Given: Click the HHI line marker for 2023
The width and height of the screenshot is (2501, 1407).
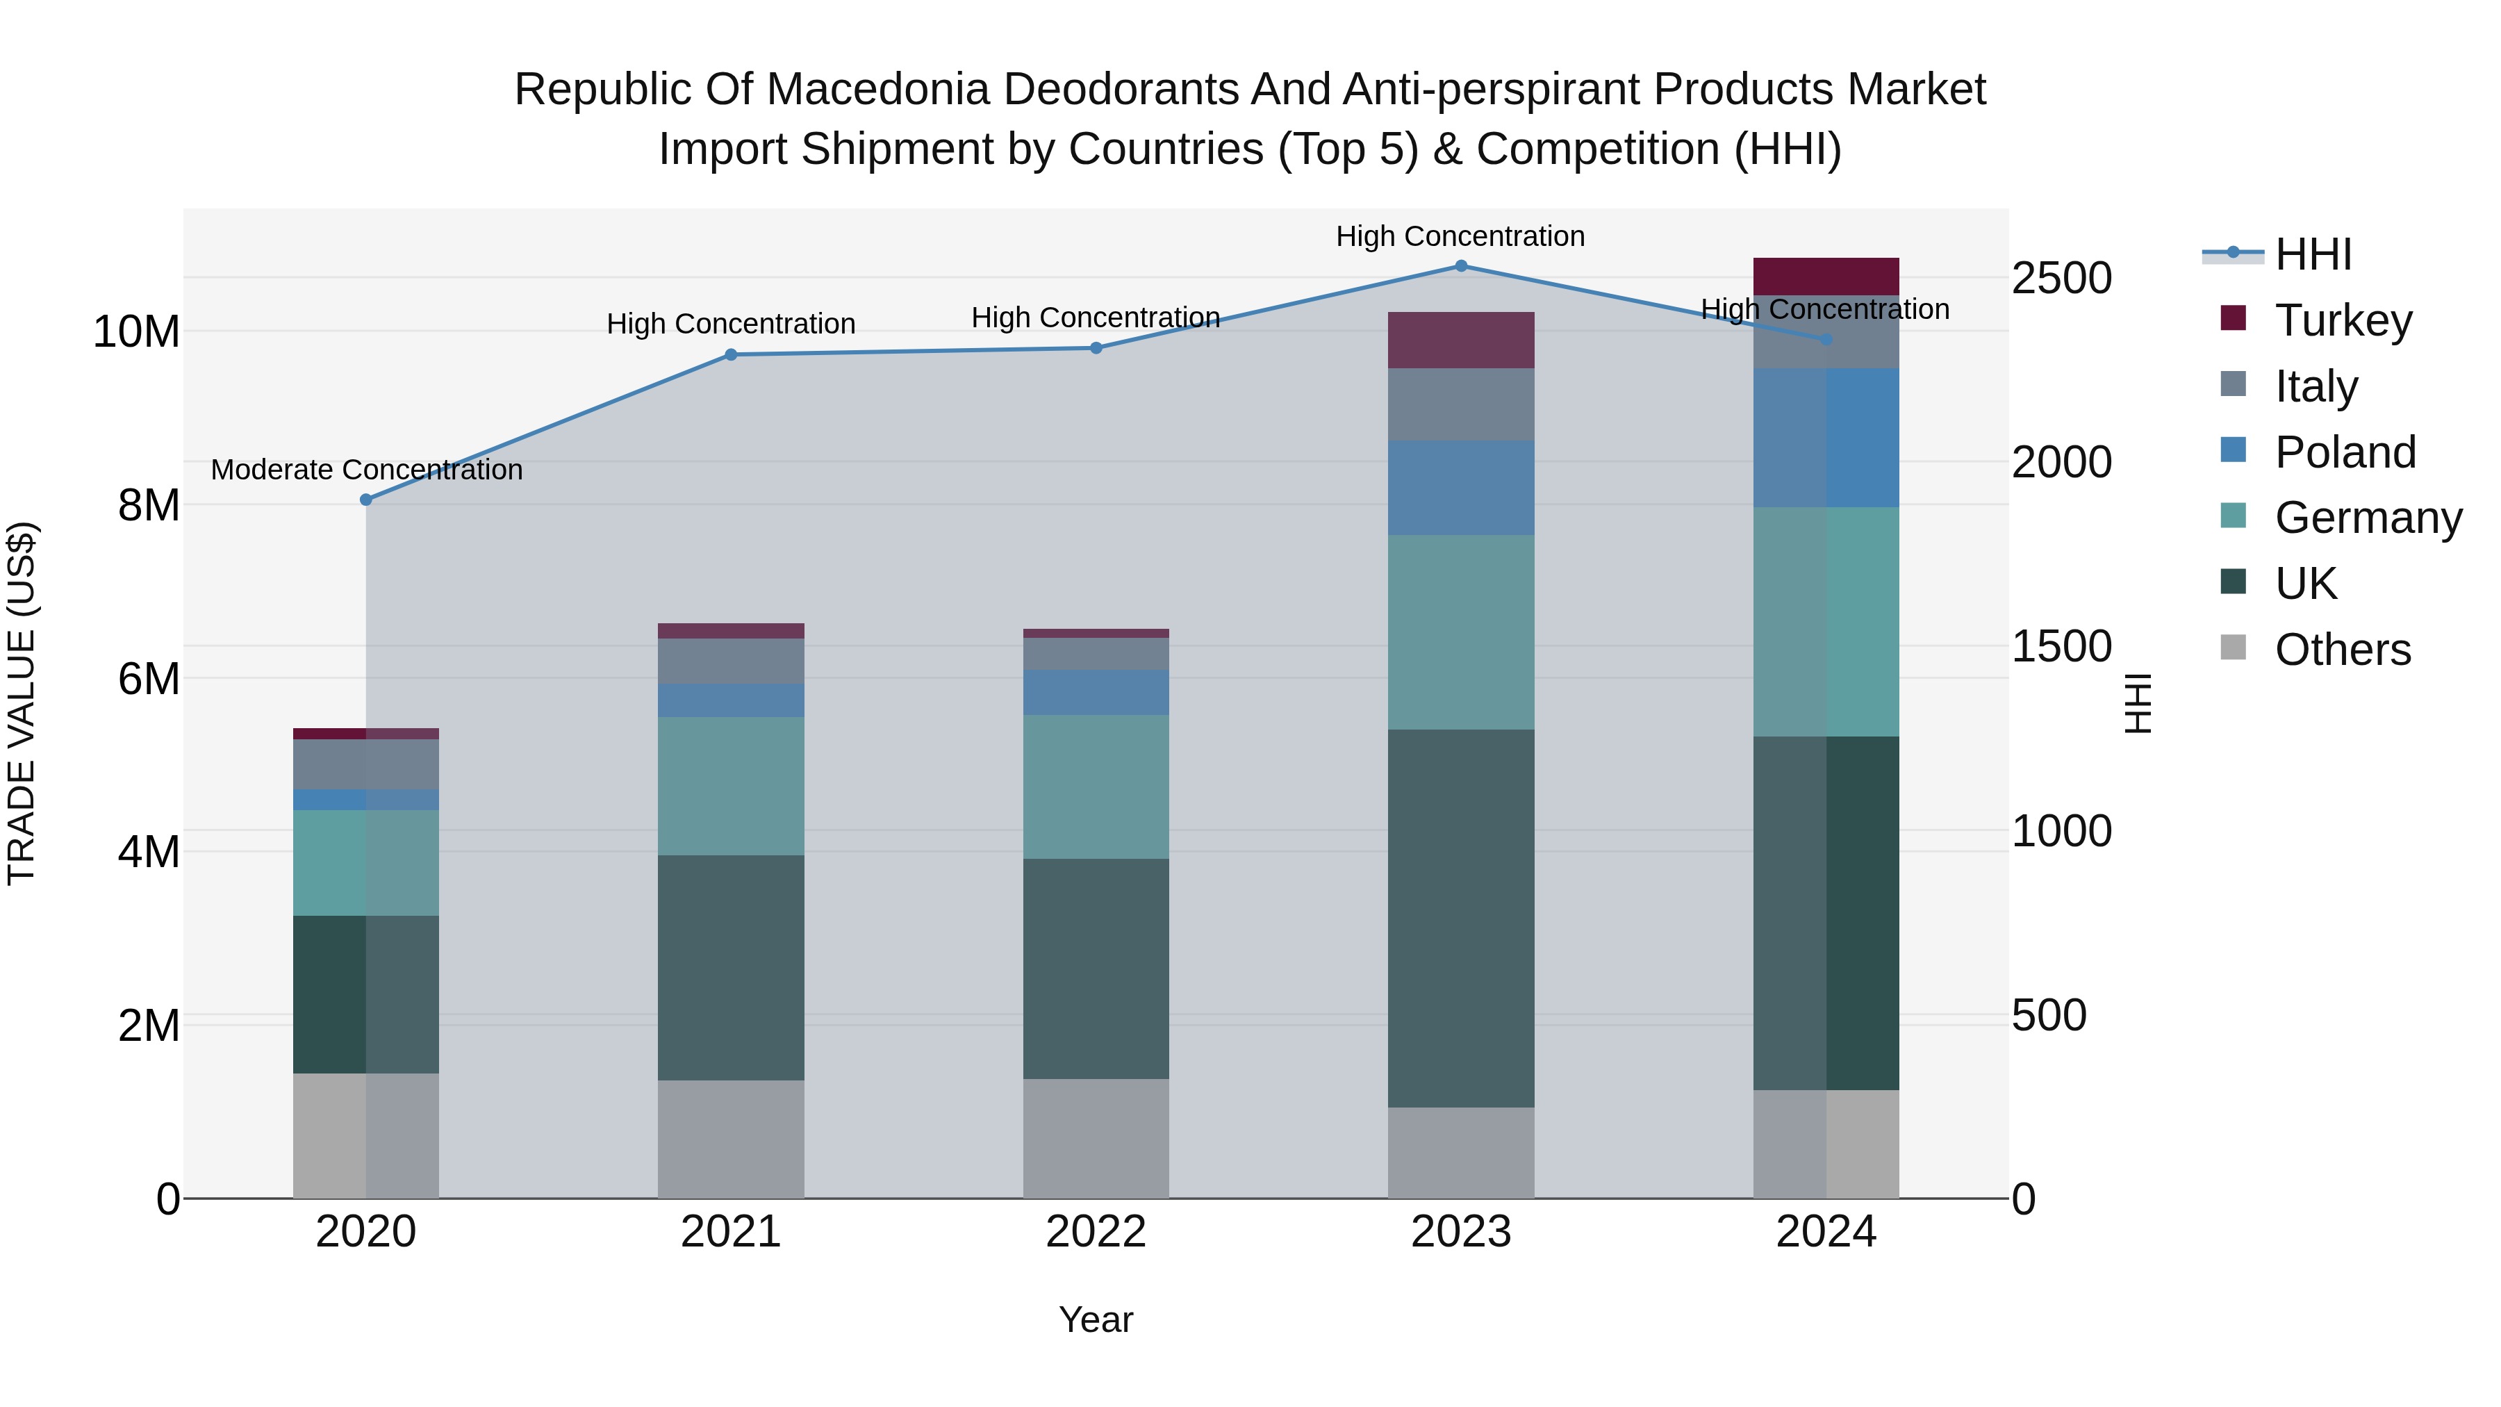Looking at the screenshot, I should pos(1460,265).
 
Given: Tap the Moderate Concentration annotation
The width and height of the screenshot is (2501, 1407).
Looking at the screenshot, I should pos(366,469).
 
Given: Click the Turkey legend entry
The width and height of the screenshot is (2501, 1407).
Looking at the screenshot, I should pos(2343,320).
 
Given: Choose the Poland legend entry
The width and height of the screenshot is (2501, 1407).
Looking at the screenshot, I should pos(2345,452).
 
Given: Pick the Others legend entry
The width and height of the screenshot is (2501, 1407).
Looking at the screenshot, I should pos(2342,649).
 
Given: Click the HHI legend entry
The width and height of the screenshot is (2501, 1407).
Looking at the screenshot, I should pos(2313,254).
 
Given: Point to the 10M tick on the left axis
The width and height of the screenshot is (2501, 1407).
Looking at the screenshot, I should pos(136,331).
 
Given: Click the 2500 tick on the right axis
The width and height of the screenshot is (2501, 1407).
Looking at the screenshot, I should pos(2061,278).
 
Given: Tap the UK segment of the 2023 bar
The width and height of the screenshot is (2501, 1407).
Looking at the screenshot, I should pos(1460,918).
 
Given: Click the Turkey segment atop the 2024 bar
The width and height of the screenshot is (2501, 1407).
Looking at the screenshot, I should pos(1825,276).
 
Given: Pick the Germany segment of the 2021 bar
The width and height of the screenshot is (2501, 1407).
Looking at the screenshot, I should pos(730,786).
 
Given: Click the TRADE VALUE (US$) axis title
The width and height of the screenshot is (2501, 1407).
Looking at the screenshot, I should pos(22,703).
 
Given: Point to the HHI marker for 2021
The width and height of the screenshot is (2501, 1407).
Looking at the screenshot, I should pos(731,354).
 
